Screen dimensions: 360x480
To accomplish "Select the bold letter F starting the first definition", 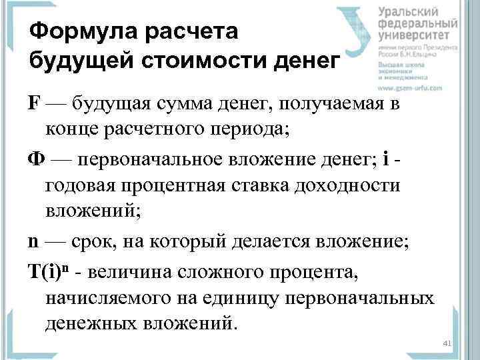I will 34,105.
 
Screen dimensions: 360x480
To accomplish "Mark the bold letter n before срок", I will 33,241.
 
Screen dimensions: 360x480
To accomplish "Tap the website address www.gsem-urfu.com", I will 412,88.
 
